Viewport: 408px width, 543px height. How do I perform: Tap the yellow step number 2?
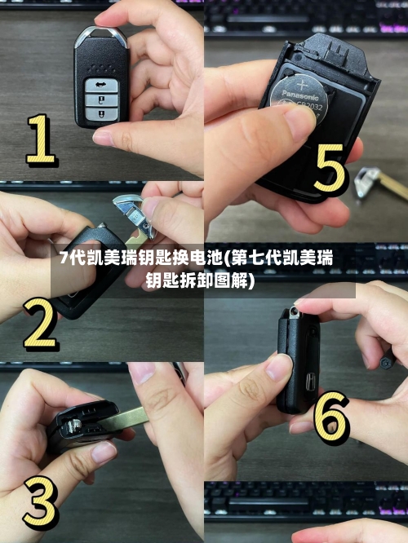(38, 324)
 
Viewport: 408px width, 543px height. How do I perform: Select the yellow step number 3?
(38, 499)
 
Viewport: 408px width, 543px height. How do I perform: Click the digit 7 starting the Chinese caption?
(63, 260)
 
